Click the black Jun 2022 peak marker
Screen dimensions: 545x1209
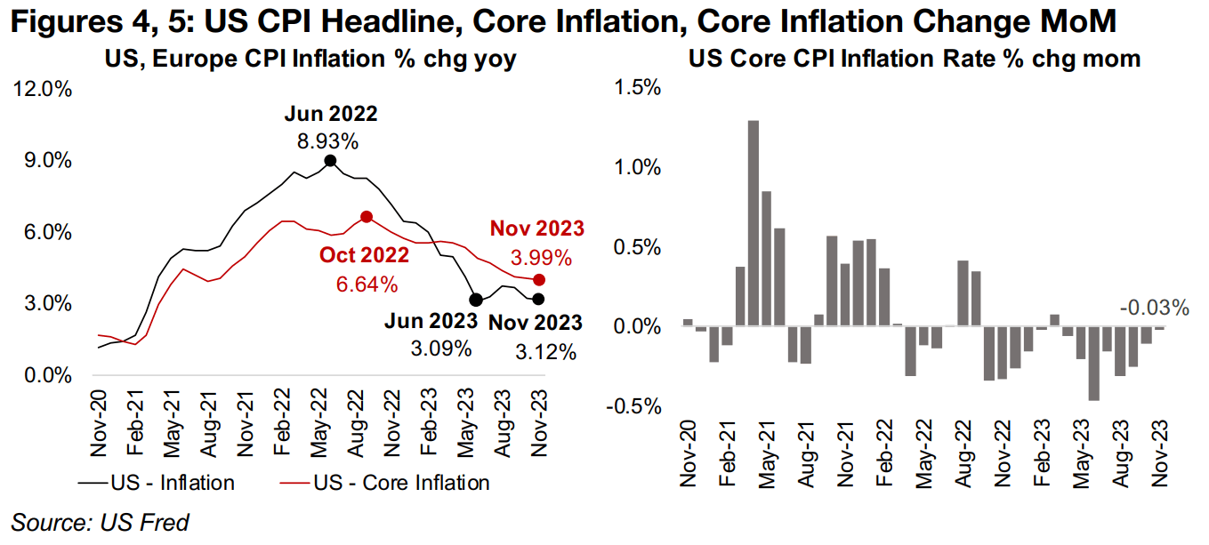(330, 161)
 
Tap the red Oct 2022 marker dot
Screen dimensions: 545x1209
(366, 217)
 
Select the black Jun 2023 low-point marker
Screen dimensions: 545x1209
(476, 300)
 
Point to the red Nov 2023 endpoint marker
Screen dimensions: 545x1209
(538, 280)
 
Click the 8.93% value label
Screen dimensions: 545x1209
(330, 141)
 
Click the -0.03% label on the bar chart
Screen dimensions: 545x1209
(1155, 309)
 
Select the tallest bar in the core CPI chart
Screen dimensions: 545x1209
(753, 223)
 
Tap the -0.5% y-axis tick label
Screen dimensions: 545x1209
(633, 406)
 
